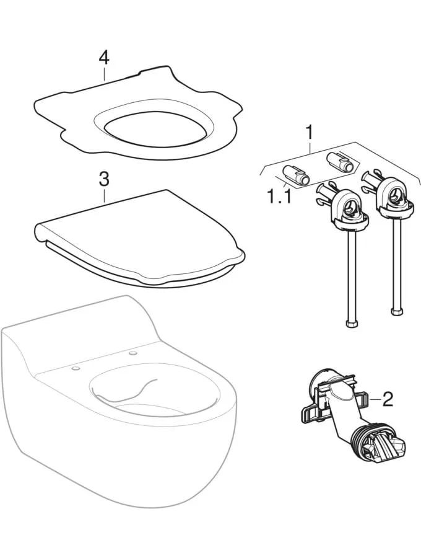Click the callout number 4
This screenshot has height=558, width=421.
[x=104, y=58]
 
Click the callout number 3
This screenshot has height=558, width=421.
[x=104, y=179]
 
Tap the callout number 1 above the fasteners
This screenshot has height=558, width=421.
[x=310, y=133]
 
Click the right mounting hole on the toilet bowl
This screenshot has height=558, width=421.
[x=133, y=353]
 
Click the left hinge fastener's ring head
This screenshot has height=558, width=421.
[x=349, y=207]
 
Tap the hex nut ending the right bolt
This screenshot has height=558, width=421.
[x=397, y=311]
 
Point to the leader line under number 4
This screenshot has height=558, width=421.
[x=104, y=74]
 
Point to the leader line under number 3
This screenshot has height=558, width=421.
[x=104, y=195]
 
